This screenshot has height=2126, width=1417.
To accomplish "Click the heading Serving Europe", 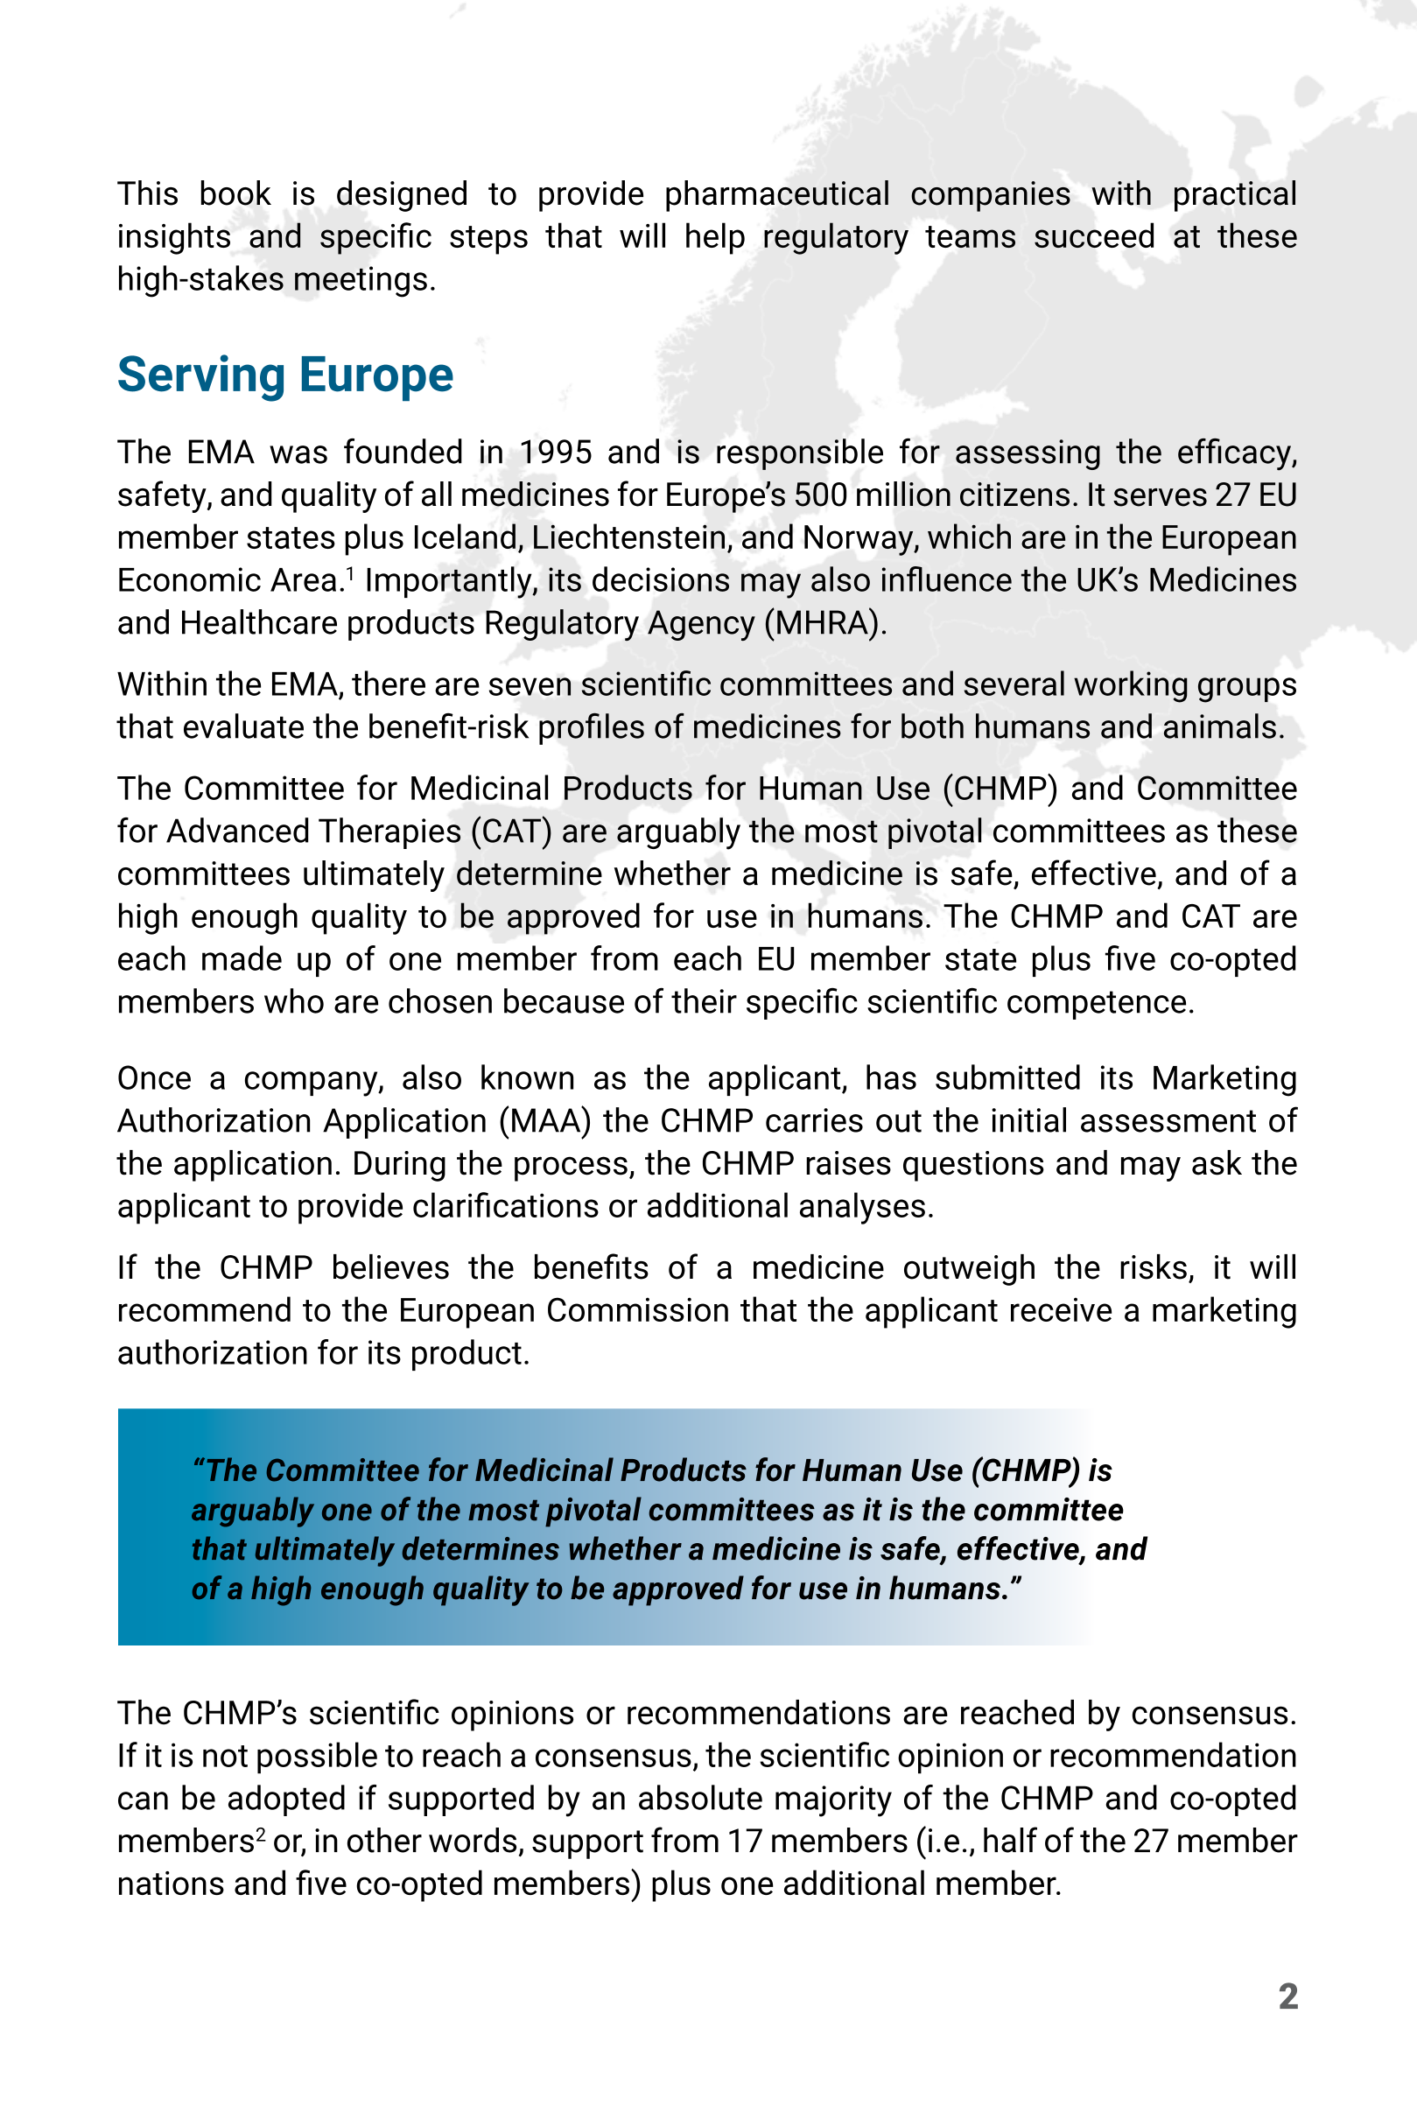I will pyautogui.click(x=284, y=375).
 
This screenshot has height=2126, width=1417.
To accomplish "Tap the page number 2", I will pyautogui.click(x=1287, y=1996).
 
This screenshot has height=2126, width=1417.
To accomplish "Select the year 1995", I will pyautogui.click(x=556, y=452).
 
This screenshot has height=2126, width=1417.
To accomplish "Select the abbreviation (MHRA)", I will pyautogui.click(x=824, y=623).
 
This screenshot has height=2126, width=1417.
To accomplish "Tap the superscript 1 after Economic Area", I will pyautogui.click(x=351, y=572).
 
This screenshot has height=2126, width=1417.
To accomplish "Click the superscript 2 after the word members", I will pyautogui.click(x=259, y=1834).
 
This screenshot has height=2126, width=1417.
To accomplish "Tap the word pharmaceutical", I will pyautogui.click(x=776, y=194).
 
